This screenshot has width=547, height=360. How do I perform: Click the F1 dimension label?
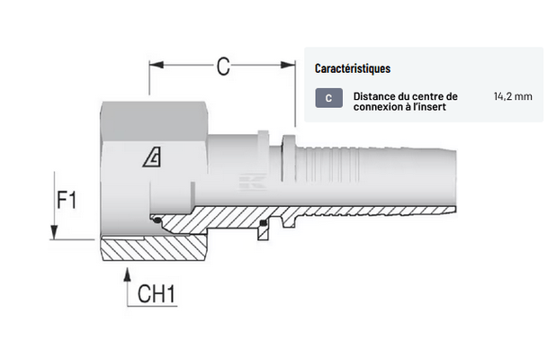(x=65, y=199)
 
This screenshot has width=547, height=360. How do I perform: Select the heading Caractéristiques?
(x=353, y=68)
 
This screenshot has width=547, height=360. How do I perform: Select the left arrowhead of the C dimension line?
(x=154, y=65)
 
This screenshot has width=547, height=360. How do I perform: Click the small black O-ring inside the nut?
(x=157, y=220)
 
